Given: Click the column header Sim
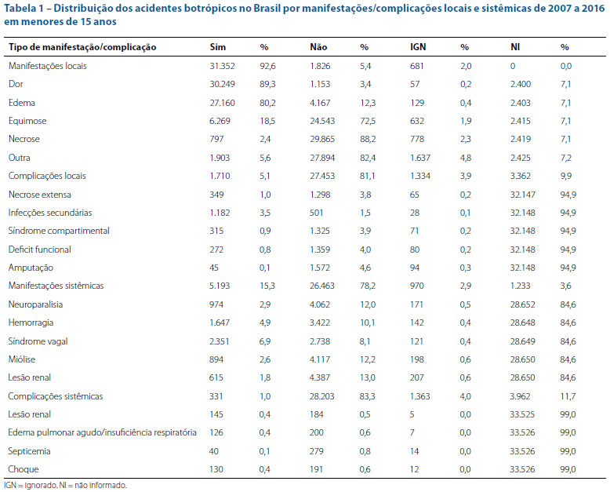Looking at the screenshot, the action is point(217,47).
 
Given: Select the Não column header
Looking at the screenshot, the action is point(318,47).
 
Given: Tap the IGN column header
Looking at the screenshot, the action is point(418,47).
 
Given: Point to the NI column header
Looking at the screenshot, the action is point(515,47).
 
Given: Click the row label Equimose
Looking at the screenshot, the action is point(27,121).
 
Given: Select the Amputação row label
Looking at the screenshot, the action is point(31,268).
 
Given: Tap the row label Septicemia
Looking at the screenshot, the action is point(29,451).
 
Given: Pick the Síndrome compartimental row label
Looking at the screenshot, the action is point(59,231).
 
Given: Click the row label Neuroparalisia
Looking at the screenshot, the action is point(35,304).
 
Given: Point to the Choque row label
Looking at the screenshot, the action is point(24,469).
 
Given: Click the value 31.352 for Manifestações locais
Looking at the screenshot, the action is point(222,66).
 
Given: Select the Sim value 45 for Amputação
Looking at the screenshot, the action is point(214,268).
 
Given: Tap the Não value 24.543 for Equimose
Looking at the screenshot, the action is point(322,121).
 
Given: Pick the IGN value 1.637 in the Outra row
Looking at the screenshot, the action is point(420,158).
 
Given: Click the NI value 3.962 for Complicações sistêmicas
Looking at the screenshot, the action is point(521,396).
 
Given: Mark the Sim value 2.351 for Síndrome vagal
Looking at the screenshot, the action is point(220,341).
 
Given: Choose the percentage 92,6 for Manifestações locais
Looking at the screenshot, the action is point(267,66).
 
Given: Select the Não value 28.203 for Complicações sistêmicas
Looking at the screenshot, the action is point(322,396).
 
